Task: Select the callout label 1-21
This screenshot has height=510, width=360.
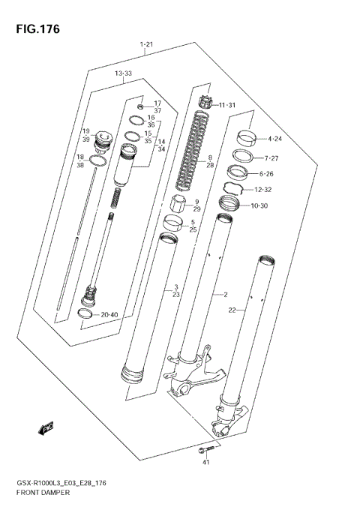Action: point(147,46)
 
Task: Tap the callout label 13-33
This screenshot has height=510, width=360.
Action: point(124,73)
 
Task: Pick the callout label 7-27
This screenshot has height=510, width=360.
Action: point(276,158)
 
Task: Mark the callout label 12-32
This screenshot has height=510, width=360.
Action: point(276,190)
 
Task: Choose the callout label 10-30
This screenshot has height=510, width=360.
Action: point(274,205)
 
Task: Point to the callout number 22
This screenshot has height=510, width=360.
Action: point(232,310)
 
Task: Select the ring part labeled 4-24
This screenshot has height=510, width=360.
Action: point(249,137)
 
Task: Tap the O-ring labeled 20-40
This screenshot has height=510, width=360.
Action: point(88,314)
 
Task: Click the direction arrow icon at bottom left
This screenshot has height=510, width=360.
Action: point(47,428)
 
